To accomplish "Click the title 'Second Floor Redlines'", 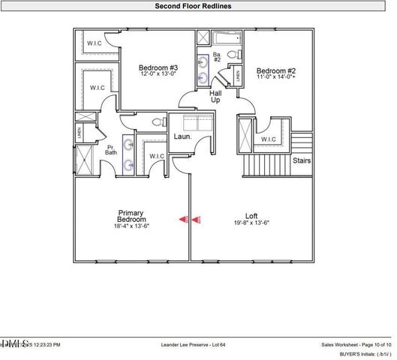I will click(198, 6).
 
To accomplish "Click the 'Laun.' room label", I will click(183, 136).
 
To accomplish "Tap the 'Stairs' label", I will click(302, 160).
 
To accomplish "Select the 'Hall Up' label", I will click(215, 95).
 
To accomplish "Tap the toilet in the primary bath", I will click(158, 121).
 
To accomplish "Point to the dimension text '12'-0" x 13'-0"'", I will click(147, 73).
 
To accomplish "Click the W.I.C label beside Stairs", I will click(268, 139).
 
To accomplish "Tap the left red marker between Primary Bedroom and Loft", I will click(183, 220).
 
